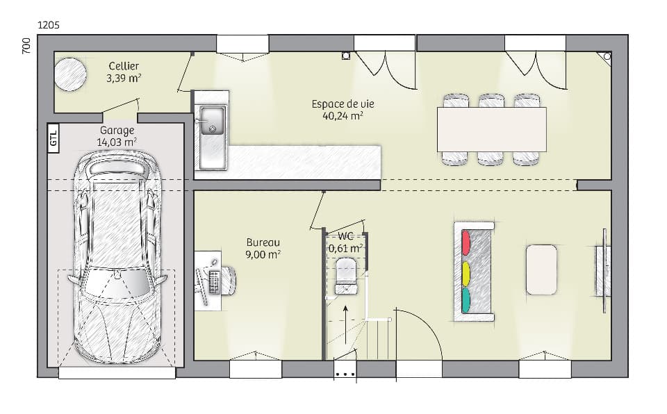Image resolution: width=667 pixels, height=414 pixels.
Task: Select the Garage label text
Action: tap(117, 130)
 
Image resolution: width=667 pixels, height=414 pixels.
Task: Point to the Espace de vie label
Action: tap(343, 104)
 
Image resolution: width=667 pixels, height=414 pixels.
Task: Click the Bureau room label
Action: tap(263, 242)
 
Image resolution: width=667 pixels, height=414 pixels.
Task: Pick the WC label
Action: tap(345, 236)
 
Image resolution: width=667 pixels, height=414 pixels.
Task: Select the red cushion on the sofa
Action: tap(466, 243)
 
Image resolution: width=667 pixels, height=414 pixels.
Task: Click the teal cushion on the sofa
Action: tap(466, 299)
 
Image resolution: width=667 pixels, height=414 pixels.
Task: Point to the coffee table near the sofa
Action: tap(541, 269)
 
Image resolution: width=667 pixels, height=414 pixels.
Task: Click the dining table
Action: tap(491, 129)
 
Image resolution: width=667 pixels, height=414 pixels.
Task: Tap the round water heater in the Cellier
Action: tap(70, 73)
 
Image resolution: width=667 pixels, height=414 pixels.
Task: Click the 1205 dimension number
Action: tap(48, 25)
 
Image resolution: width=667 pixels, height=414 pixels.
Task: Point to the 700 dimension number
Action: tap(26, 47)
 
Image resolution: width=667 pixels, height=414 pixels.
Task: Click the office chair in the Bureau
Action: tap(227, 281)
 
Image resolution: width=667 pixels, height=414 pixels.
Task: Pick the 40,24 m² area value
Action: tap(343, 116)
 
